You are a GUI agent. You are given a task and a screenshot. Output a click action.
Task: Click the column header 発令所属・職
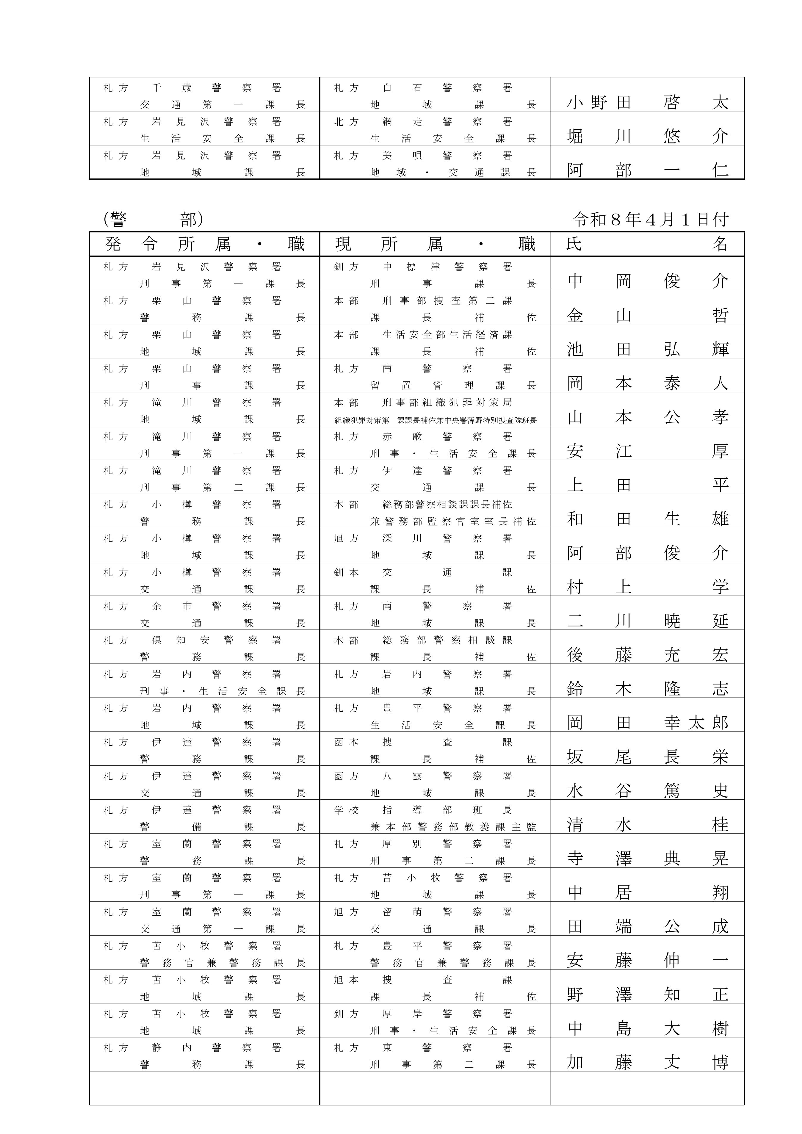pyautogui.click(x=204, y=244)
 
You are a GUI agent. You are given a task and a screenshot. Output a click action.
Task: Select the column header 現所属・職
pyautogui.click(x=435, y=244)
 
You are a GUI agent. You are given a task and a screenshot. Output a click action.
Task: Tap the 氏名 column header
pyautogui.click(x=647, y=244)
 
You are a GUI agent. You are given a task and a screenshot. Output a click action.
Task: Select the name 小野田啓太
pyautogui.click(x=647, y=102)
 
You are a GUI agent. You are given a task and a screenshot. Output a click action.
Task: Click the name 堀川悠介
pyautogui.click(x=647, y=136)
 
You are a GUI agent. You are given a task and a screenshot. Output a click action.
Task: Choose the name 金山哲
pyautogui.click(x=647, y=315)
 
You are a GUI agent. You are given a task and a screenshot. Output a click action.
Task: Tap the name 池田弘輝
pyautogui.click(x=647, y=349)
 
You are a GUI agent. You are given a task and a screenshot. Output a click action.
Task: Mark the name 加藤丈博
pyautogui.click(x=647, y=1062)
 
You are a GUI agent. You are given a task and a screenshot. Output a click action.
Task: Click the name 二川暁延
pyautogui.click(x=647, y=621)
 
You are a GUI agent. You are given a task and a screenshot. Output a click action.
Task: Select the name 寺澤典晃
pyautogui.click(x=647, y=859)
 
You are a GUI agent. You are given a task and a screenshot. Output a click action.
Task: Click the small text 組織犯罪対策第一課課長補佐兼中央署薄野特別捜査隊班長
pyautogui.click(x=435, y=420)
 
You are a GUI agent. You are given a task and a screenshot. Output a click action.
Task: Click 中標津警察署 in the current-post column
pyautogui.click(x=447, y=267)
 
